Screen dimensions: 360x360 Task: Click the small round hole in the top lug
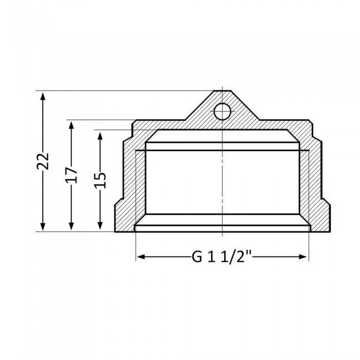(x=222, y=111)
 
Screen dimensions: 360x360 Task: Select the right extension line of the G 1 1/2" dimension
(x=309, y=247)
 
